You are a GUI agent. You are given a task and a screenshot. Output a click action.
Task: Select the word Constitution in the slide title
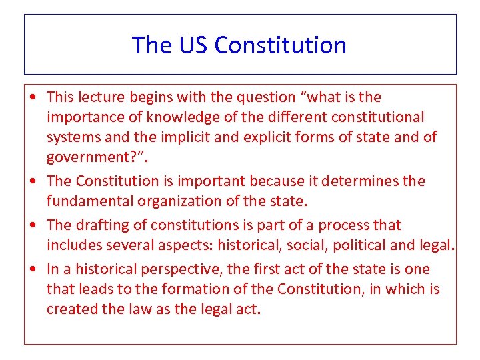pos(281,45)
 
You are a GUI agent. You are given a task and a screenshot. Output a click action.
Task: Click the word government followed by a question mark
pos(86,157)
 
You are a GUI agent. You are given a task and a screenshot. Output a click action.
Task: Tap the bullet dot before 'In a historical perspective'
pos(33,270)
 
